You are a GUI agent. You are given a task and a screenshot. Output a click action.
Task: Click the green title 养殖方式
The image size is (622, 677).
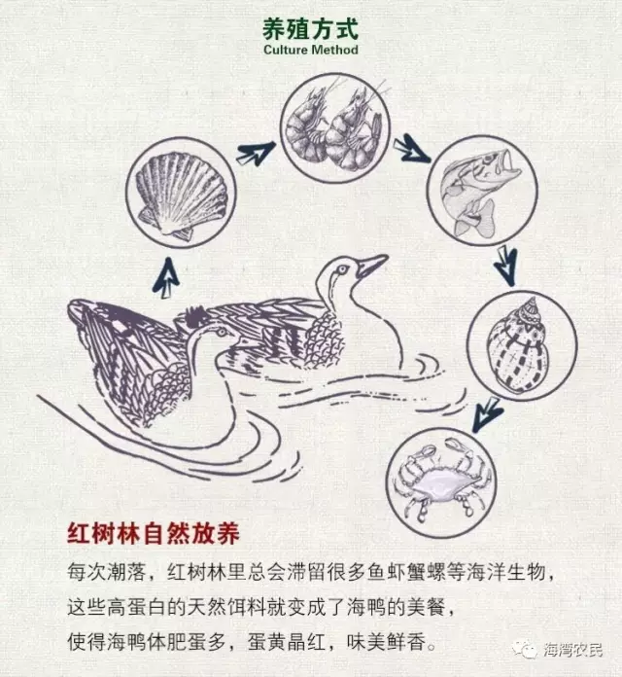(311, 29)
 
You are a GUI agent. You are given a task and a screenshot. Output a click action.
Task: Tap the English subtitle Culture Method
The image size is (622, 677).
(311, 50)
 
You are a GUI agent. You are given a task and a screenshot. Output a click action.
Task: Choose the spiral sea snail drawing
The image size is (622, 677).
(519, 345)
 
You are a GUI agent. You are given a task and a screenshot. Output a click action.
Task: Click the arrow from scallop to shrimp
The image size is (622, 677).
(256, 153)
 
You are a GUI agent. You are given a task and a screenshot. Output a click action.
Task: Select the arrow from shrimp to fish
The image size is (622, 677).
(411, 149)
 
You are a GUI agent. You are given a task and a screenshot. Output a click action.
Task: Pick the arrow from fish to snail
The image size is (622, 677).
(506, 265)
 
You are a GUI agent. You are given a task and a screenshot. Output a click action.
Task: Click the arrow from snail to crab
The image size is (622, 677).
(487, 413)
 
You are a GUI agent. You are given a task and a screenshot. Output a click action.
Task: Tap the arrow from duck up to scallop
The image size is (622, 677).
(165, 277)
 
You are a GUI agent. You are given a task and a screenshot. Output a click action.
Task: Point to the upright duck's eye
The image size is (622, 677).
(343, 269)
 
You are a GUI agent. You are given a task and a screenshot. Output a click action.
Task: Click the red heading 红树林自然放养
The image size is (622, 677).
(154, 534)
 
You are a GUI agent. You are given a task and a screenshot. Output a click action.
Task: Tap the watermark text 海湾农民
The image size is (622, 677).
(572, 650)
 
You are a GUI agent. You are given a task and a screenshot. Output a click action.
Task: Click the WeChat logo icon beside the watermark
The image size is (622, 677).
(525, 649)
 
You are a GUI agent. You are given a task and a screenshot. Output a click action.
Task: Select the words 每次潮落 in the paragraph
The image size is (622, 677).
(106, 572)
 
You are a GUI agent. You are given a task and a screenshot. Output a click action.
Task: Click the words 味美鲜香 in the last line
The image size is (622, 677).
(387, 642)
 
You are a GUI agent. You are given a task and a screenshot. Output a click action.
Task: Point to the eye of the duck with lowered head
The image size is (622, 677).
(222, 332)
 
